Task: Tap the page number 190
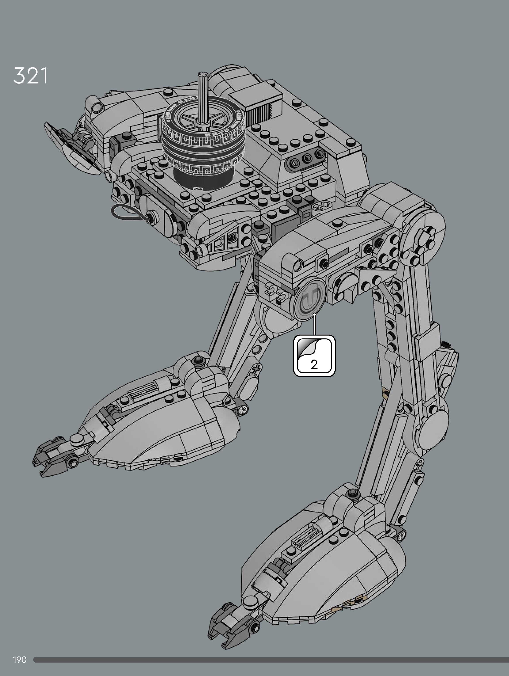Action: [20, 660]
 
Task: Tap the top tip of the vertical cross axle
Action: [202, 74]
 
